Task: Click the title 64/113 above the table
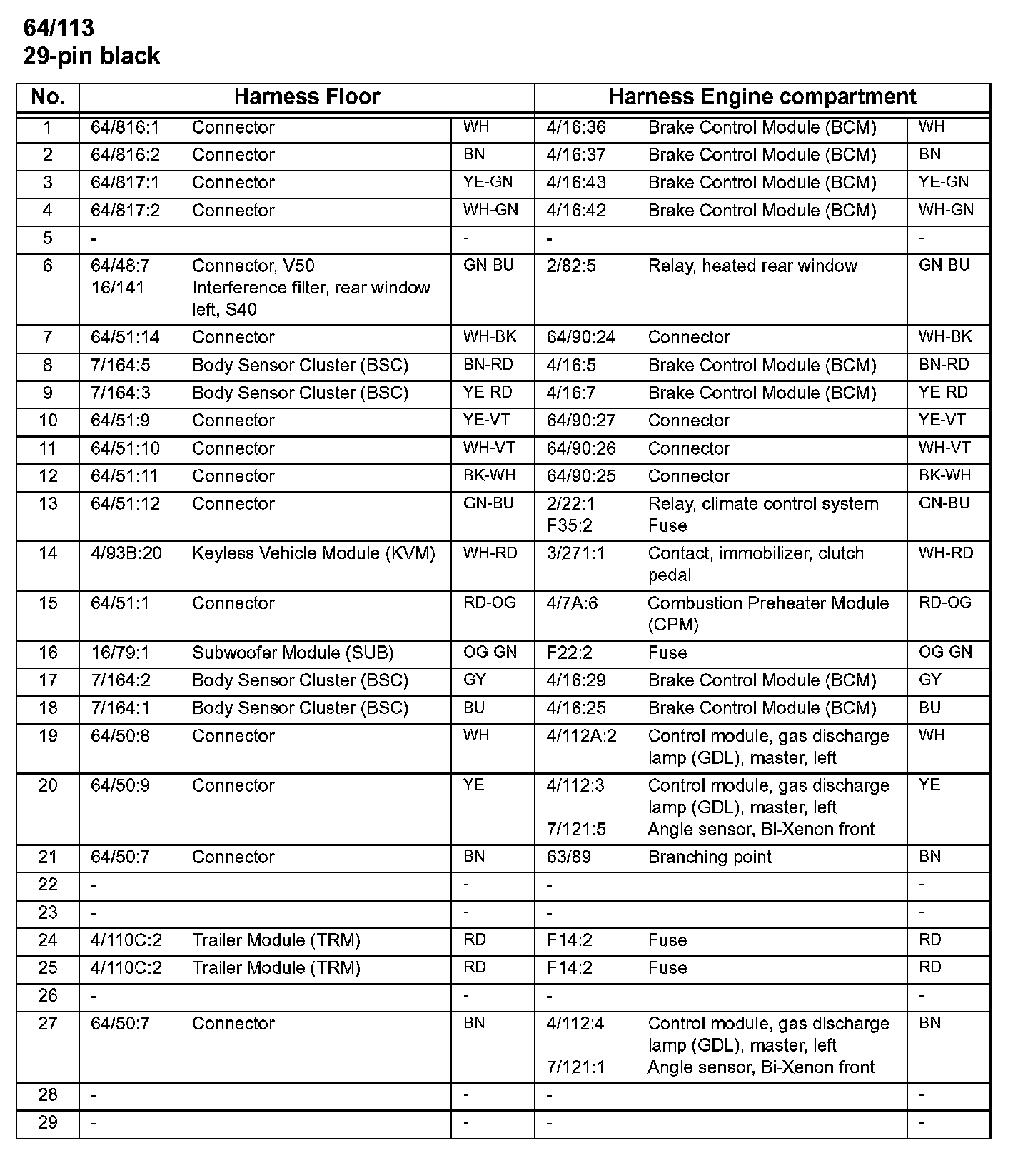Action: pos(59,28)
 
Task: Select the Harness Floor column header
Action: pos(306,97)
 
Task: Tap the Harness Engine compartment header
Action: pos(762,97)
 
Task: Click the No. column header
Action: pos(48,97)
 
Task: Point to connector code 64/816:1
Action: pos(125,128)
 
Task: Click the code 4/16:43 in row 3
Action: pos(575,183)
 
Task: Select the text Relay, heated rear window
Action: pos(752,266)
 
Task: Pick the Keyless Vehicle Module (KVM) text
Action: pos(313,554)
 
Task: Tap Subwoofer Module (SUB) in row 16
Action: pos(293,653)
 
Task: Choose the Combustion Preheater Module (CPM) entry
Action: pos(767,614)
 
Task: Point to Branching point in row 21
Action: pos(709,857)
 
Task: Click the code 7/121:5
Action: pos(575,830)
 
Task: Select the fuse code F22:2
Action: pos(569,653)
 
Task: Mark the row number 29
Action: pos(48,1123)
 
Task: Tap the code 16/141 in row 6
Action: pos(117,288)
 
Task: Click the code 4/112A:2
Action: pos(581,737)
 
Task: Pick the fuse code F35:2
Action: pos(569,526)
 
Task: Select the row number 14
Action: pos(48,554)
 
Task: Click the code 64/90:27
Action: pos(580,421)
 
